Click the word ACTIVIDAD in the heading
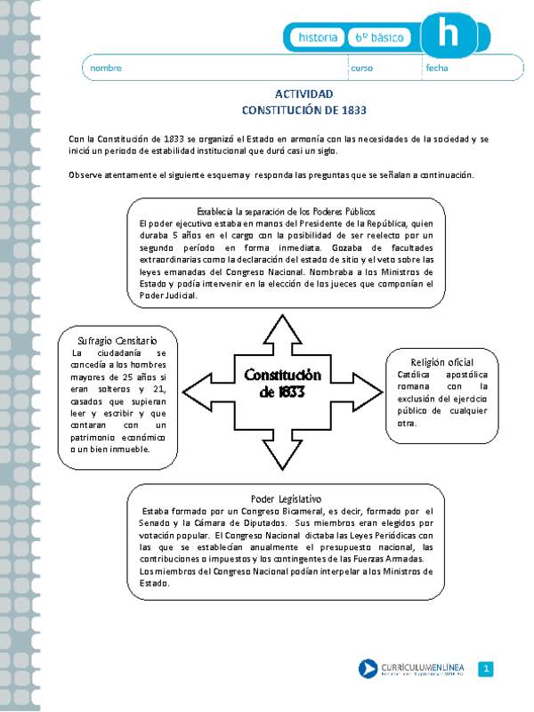(304, 94)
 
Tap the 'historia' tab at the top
(318, 37)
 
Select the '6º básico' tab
(380, 37)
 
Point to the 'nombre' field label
(106, 69)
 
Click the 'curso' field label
(361, 69)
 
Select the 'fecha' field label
(436, 69)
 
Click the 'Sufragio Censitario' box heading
(119, 341)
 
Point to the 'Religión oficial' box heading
(442, 362)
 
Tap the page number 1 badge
(486, 668)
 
